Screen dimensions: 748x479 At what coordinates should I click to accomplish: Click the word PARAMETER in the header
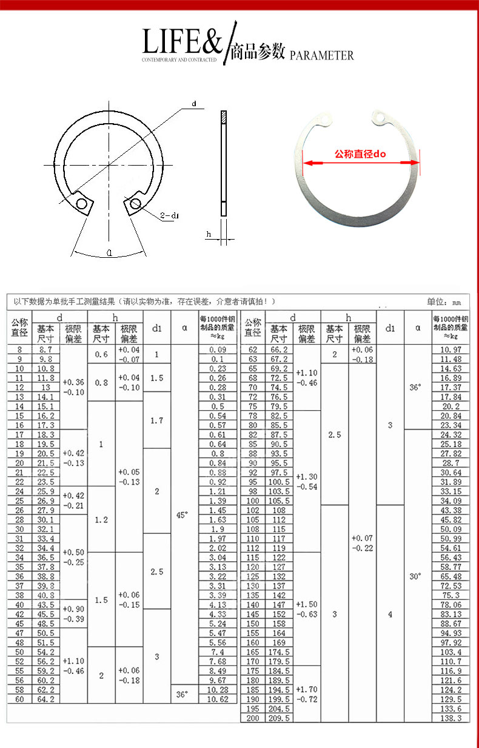tap(321, 56)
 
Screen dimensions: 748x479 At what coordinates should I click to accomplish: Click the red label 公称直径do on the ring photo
tap(360, 154)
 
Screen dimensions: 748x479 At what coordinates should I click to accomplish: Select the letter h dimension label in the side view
tap(209, 234)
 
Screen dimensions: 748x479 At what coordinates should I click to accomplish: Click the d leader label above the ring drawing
tap(194, 104)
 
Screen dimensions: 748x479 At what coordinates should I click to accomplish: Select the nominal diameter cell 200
tap(252, 718)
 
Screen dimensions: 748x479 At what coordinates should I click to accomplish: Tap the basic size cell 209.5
tap(280, 718)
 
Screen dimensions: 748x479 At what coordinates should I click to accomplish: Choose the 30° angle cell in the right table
tap(415, 576)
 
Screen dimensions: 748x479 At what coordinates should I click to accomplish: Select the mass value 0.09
tap(218, 349)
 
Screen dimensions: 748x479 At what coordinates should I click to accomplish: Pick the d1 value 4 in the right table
tap(390, 614)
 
